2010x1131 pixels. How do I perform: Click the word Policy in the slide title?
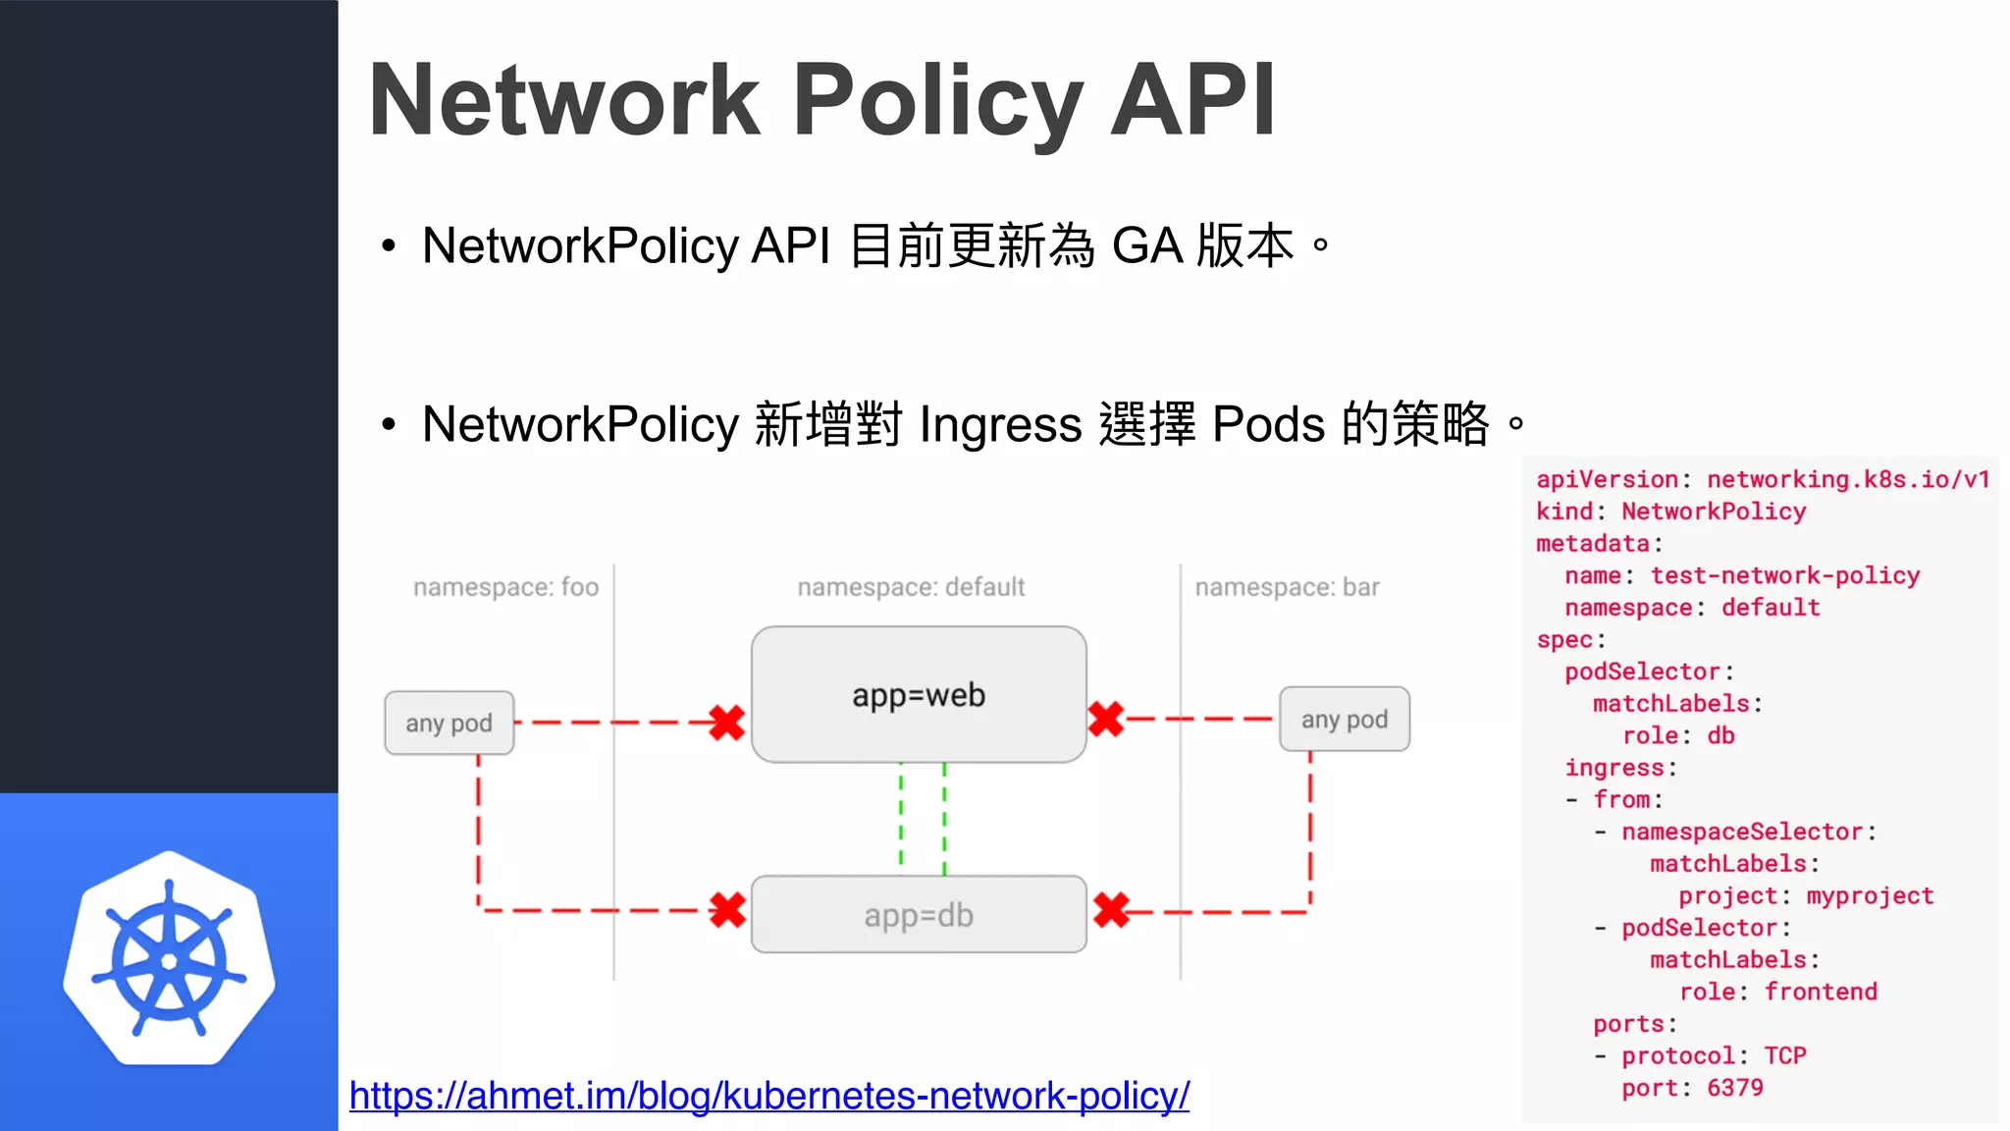tap(937, 100)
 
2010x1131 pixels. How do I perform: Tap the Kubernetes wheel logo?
tap(169, 959)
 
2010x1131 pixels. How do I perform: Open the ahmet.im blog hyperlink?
tap(768, 1096)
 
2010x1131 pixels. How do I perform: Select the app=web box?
tap(919, 694)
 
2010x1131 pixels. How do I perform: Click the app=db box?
tap(919, 914)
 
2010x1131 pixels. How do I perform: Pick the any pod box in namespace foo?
tap(449, 724)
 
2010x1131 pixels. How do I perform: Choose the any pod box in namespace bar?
tap(1344, 720)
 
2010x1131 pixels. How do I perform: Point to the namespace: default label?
tap(911, 587)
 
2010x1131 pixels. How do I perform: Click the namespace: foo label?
tap(505, 587)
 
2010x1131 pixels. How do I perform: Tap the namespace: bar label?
tap(1287, 587)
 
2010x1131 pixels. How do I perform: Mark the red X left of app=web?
tap(726, 723)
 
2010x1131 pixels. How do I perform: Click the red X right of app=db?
tap(1111, 910)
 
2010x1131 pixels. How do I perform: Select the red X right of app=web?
tap(1106, 719)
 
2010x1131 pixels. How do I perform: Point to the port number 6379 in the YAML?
tap(1734, 1088)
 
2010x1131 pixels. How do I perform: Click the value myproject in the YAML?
tap(1870, 896)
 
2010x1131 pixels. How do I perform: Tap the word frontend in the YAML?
tap(1821, 992)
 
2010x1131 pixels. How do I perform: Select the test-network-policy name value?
tap(1784, 575)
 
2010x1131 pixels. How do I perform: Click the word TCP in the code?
tap(1784, 1055)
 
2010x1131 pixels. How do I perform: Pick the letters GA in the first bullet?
tap(1146, 245)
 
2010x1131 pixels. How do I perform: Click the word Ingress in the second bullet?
tap(1000, 425)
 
